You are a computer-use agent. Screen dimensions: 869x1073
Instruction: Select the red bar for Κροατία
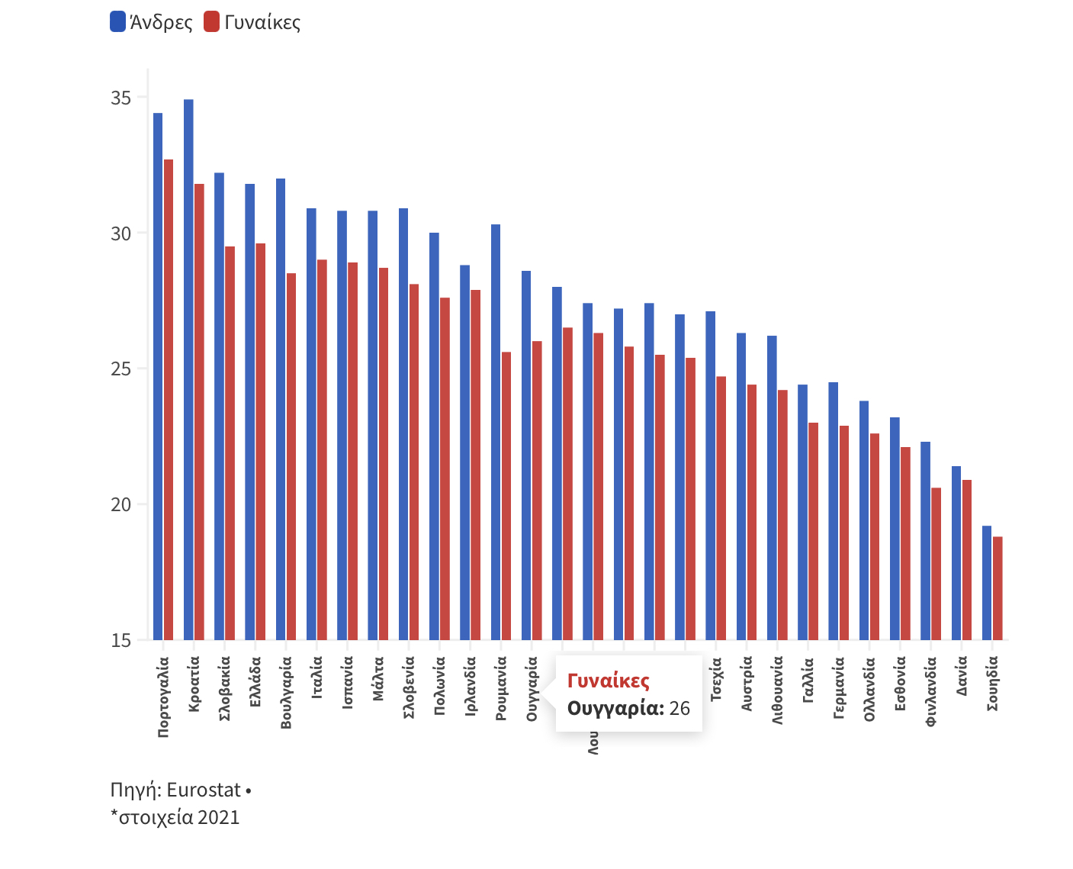pyautogui.click(x=199, y=412)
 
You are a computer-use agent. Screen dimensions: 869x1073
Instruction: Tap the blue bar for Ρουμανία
pyautogui.click(x=496, y=432)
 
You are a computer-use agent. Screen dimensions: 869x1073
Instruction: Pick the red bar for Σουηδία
pyautogui.click(x=998, y=588)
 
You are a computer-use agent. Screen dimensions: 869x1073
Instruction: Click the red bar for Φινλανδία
pyautogui.click(x=936, y=564)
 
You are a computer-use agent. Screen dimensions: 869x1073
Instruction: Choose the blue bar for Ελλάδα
pyautogui.click(x=250, y=412)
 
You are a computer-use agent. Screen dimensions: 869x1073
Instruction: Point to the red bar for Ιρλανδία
pyautogui.click(x=475, y=465)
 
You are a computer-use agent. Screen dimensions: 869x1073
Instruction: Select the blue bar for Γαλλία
pyautogui.click(x=802, y=512)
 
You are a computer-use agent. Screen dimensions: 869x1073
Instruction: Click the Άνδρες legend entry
pyautogui.click(x=152, y=22)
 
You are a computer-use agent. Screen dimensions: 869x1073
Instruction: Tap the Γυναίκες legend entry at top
pyautogui.click(x=252, y=22)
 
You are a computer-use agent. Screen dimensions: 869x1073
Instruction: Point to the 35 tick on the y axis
pyautogui.click(x=120, y=98)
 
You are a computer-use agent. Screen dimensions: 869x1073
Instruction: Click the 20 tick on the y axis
pyautogui.click(x=120, y=505)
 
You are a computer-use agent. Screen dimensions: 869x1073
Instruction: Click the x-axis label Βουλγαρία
pyautogui.click(x=287, y=692)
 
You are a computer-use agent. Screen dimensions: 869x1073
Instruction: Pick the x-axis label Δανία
pyautogui.click(x=962, y=676)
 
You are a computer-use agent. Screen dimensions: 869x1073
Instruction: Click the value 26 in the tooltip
pyautogui.click(x=679, y=708)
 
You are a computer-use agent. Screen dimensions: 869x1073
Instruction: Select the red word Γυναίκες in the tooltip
pyautogui.click(x=609, y=681)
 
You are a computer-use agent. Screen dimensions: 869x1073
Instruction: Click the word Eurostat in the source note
pyautogui.click(x=204, y=790)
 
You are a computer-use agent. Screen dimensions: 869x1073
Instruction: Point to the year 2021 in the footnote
pyautogui.click(x=218, y=817)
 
